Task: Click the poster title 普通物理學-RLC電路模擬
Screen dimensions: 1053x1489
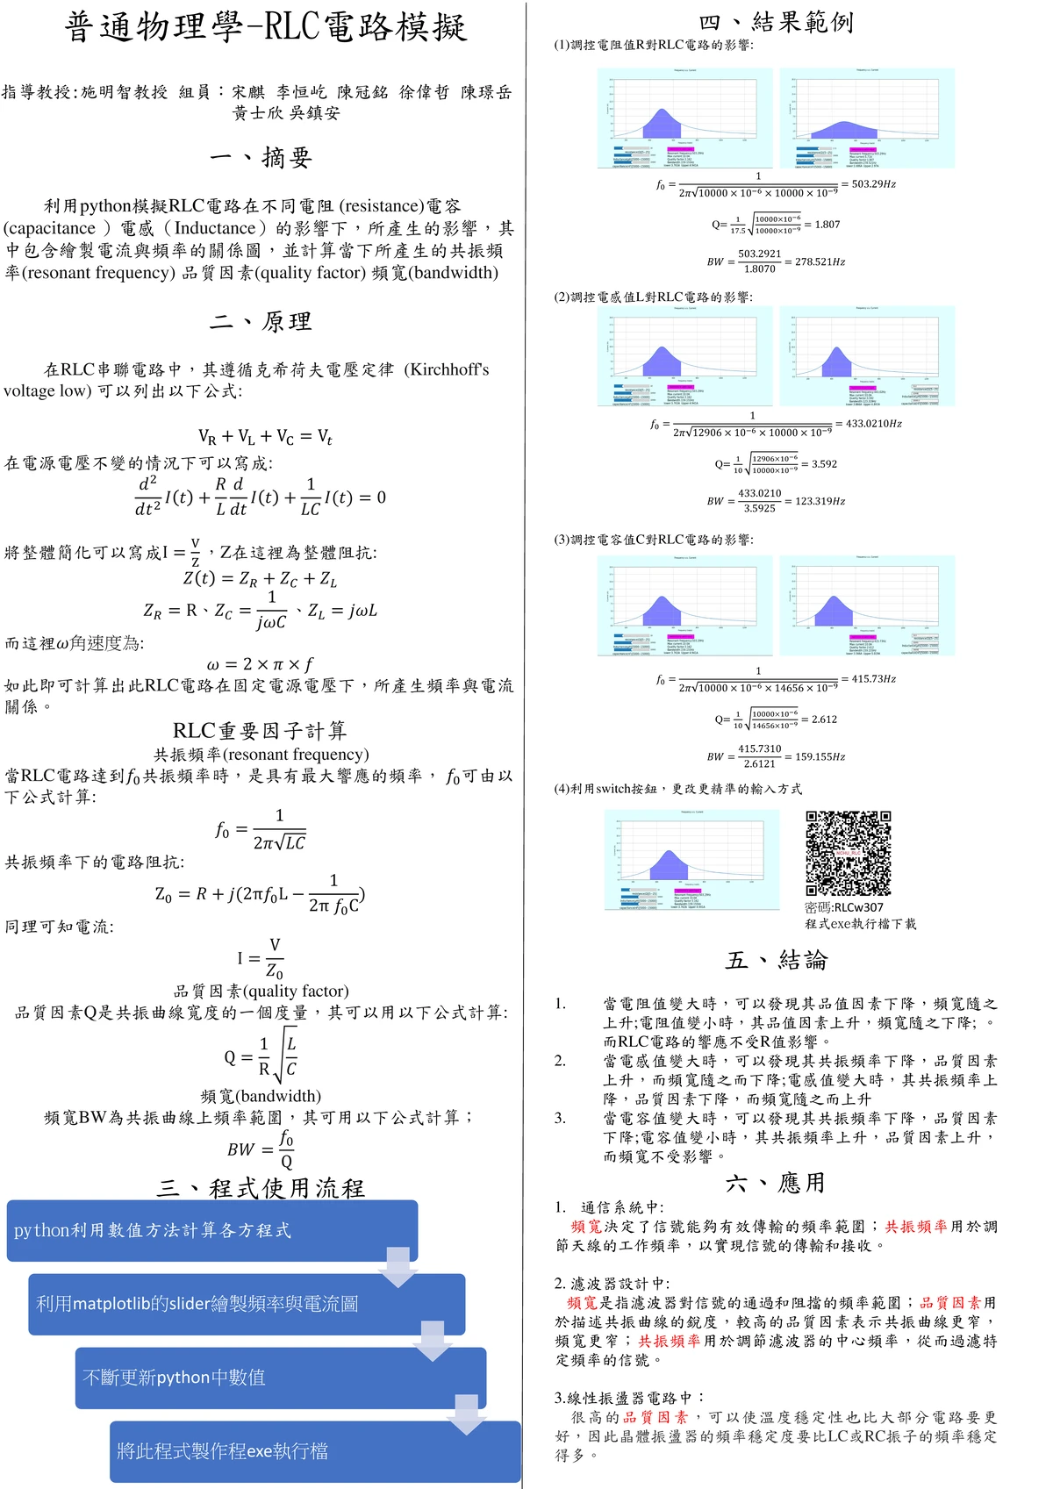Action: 265,27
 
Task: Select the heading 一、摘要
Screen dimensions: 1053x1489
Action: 261,157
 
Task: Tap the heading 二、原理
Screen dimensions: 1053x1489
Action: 261,321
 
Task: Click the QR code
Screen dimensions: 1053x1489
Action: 849,853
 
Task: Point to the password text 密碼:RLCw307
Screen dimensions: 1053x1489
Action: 844,907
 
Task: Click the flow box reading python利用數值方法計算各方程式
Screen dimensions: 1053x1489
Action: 211,1230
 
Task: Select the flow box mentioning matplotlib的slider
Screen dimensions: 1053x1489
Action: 246,1304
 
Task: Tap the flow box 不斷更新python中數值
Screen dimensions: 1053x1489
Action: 280,1378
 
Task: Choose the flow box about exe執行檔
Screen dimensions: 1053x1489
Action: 315,1451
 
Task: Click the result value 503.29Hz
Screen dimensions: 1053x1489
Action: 874,184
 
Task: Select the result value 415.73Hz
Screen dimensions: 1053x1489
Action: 874,679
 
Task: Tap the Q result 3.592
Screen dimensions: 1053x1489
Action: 824,464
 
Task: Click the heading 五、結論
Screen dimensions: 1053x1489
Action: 776,960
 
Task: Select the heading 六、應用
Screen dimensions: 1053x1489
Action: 776,1183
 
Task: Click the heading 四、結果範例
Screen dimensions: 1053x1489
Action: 776,22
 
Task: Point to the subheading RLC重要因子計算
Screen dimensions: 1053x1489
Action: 260,730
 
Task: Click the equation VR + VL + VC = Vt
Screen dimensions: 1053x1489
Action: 265,436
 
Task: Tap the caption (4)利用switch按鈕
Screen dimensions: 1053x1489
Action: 677,789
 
